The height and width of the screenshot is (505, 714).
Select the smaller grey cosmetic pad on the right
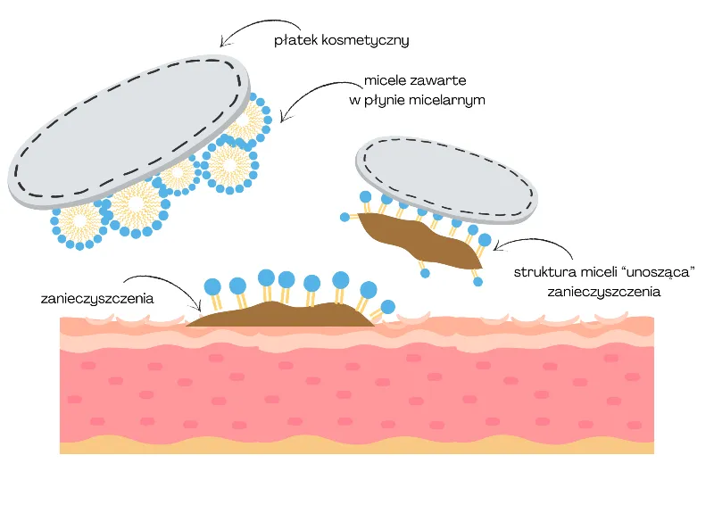click(446, 176)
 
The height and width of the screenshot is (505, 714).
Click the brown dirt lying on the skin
click(277, 315)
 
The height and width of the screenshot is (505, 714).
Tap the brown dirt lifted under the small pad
click(419, 242)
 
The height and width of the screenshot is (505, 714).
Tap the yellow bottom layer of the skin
click(357, 444)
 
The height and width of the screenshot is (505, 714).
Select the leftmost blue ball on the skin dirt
click(212, 286)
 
